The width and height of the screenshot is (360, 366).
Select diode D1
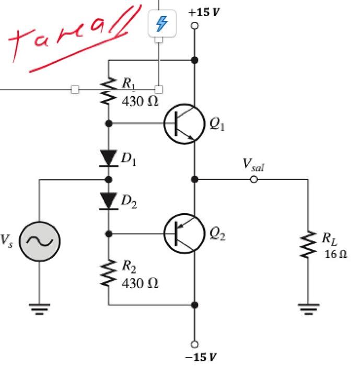point(109,157)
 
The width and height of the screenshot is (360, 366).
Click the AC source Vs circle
point(40,240)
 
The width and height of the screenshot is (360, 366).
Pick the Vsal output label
point(253,165)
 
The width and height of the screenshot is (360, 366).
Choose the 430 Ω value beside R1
point(140,101)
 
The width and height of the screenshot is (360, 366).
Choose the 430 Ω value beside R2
point(140,283)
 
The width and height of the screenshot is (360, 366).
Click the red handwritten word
point(73,39)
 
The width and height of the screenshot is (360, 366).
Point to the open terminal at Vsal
point(253,179)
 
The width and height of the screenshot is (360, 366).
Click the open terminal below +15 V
point(195,25)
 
